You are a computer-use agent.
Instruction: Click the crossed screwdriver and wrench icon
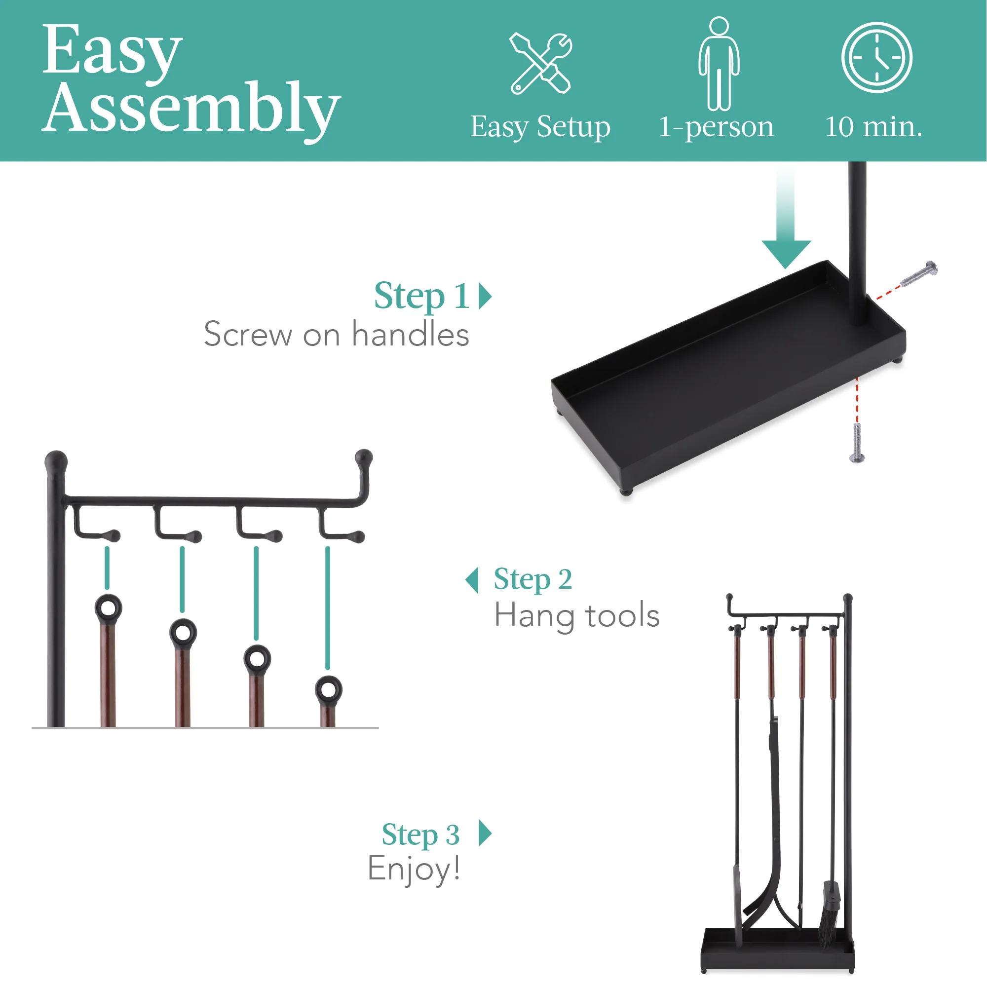(x=540, y=63)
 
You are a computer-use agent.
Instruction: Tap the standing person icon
(x=719, y=64)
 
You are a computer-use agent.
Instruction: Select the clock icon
(x=876, y=57)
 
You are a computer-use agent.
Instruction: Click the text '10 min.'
(x=873, y=127)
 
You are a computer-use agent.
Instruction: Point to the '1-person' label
(x=716, y=127)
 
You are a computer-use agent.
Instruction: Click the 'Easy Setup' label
(x=540, y=127)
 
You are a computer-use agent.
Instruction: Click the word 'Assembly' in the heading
(x=191, y=108)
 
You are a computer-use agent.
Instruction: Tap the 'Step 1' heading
(x=421, y=296)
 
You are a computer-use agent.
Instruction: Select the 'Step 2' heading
(x=533, y=579)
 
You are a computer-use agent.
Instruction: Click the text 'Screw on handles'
(x=336, y=335)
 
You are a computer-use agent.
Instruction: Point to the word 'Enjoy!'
(x=414, y=868)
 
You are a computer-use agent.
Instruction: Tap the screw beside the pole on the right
(x=918, y=274)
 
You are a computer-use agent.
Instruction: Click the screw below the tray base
(x=857, y=442)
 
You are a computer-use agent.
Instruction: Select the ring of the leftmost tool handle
(x=108, y=608)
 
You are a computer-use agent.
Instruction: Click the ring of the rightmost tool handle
(x=329, y=690)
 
